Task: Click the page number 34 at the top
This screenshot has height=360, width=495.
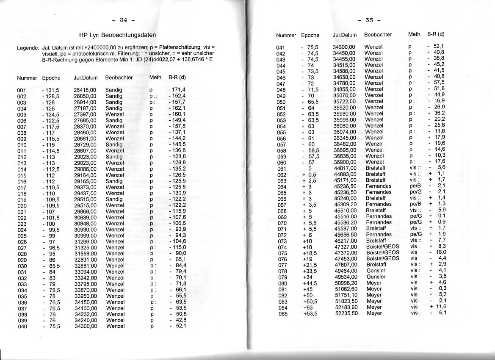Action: click(124, 19)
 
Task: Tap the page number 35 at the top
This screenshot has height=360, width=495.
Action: click(369, 20)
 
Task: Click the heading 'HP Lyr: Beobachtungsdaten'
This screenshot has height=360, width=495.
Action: click(118, 35)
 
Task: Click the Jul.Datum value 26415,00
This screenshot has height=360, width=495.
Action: click(85, 90)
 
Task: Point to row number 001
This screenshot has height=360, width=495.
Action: click(22, 90)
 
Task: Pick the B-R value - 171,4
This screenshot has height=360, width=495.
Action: click(177, 90)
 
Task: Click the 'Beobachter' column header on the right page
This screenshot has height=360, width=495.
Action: click(378, 35)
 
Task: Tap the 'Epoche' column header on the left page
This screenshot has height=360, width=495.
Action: click(51, 78)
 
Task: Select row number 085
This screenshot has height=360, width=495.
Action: click(282, 313)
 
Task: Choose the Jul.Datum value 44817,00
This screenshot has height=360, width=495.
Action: click(345, 168)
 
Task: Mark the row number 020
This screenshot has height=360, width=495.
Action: click(22, 205)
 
